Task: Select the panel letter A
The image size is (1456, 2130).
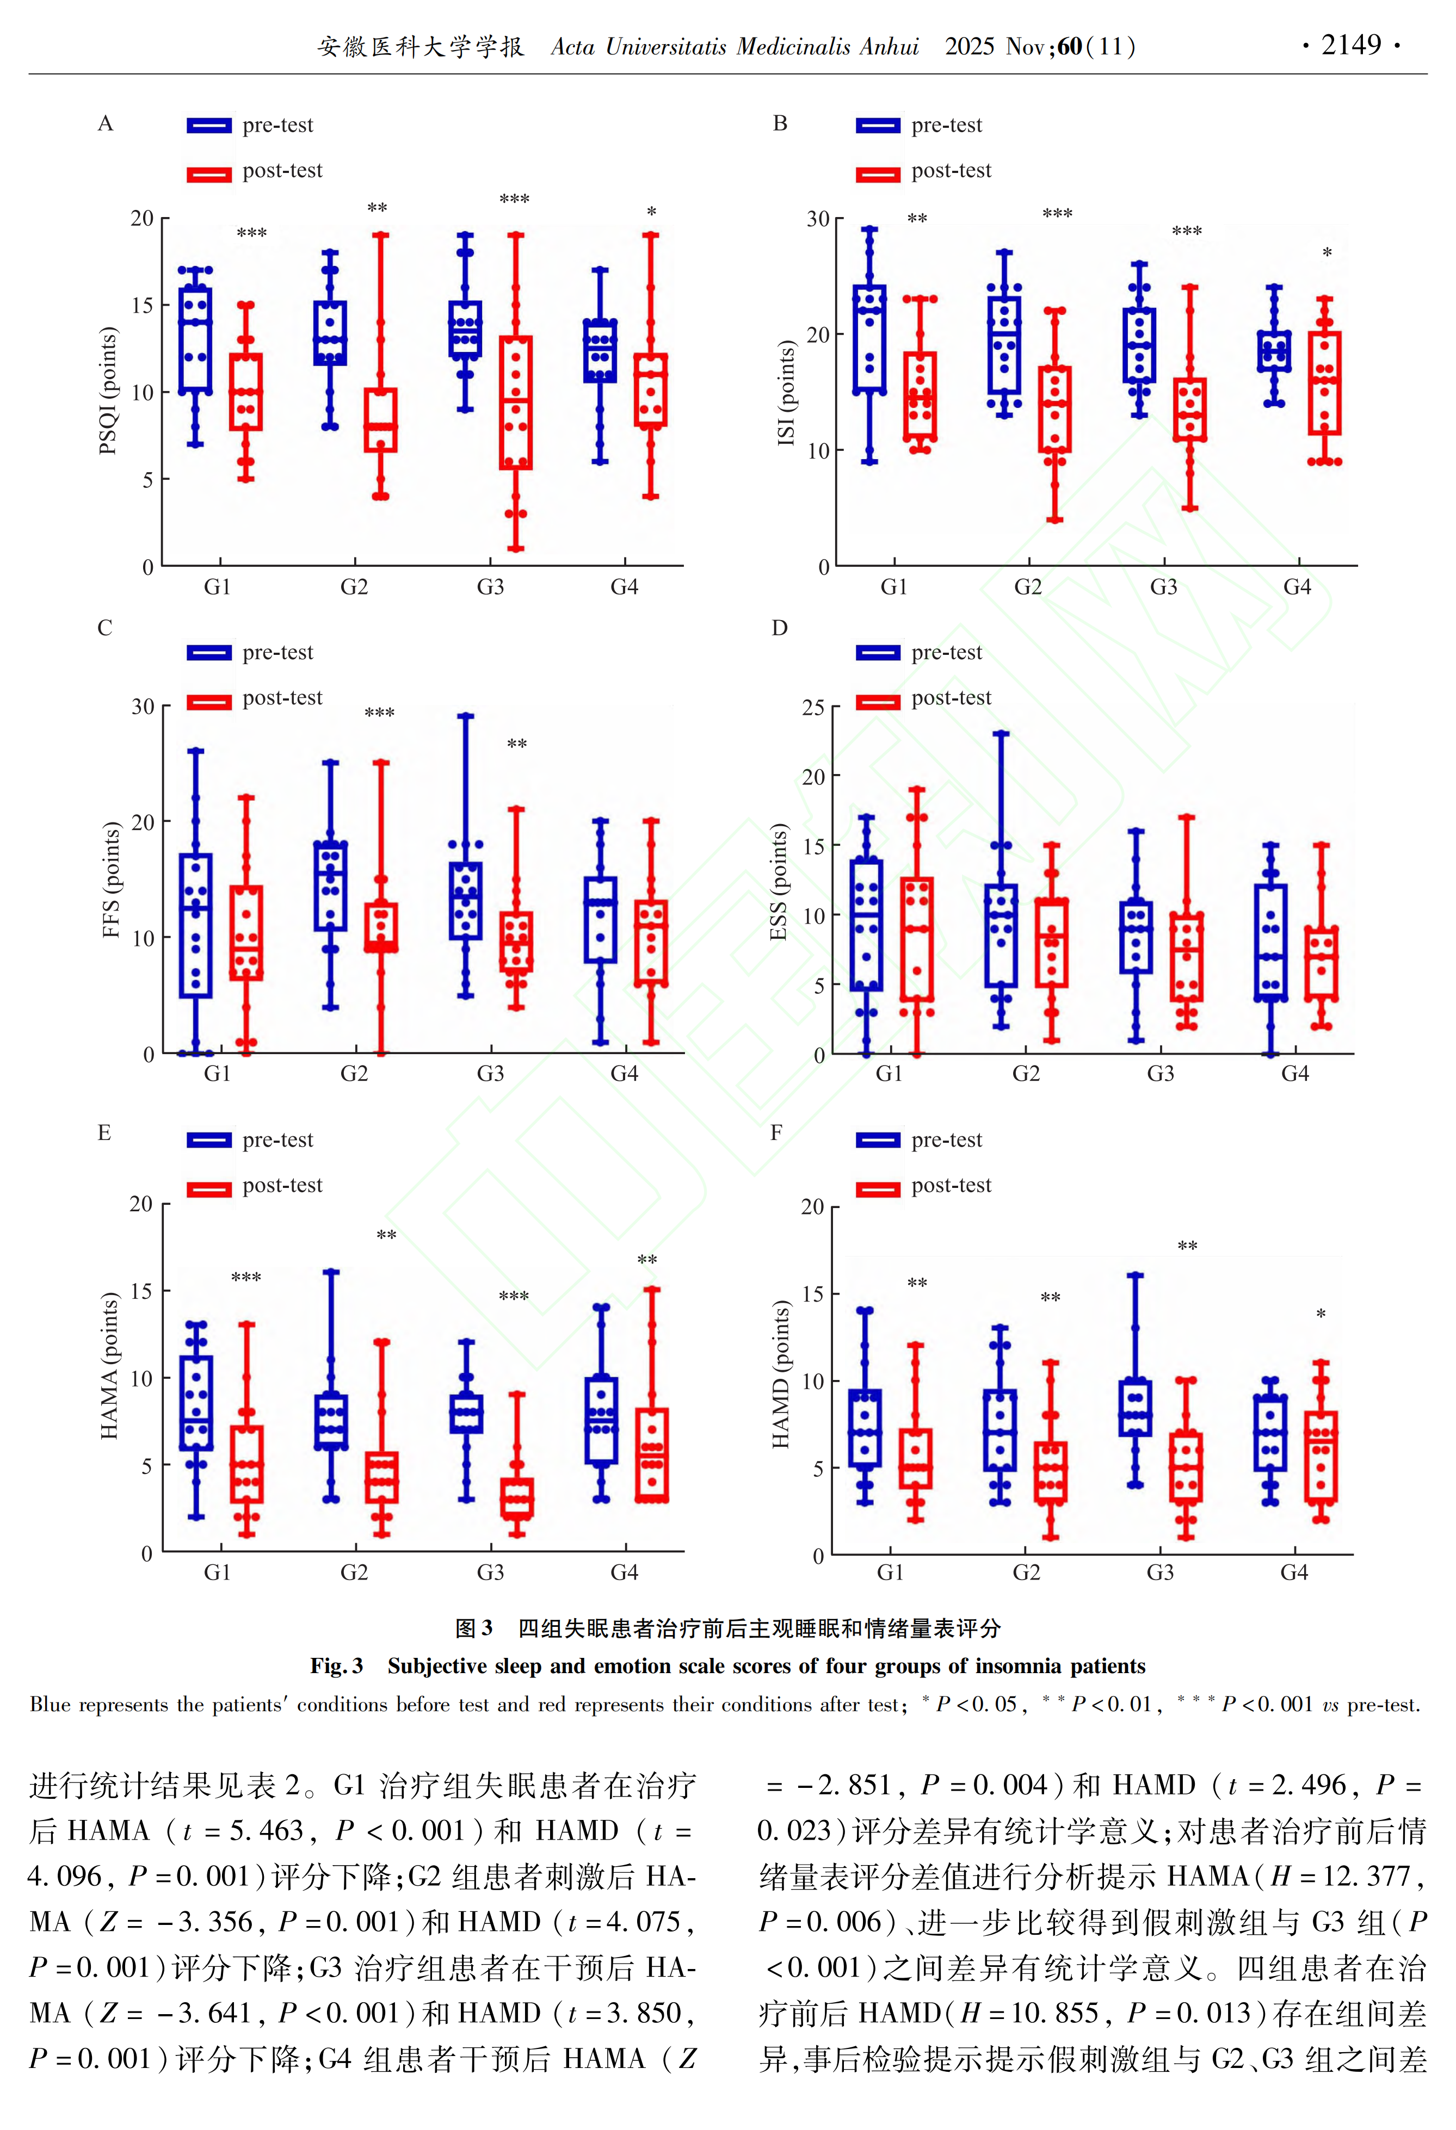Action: [x=106, y=123]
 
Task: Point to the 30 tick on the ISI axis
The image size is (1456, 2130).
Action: [x=818, y=219]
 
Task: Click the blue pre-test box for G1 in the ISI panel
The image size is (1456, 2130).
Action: [x=869, y=338]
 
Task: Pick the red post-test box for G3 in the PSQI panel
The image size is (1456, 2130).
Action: [x=516, y=403]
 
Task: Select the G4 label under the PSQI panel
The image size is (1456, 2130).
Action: [x=625, y=587]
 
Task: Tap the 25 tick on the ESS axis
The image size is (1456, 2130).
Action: [x=813, y=708]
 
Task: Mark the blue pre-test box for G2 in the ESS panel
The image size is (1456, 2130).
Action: [x=1001, y=936]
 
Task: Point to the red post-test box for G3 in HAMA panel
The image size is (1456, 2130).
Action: [x=517, y=1497]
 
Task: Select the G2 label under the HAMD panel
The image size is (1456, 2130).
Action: [x=1026, y=1573]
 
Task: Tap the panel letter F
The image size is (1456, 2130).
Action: [x=776, y=1133]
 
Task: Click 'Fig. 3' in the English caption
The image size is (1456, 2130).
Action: [x=336, y=1666]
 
